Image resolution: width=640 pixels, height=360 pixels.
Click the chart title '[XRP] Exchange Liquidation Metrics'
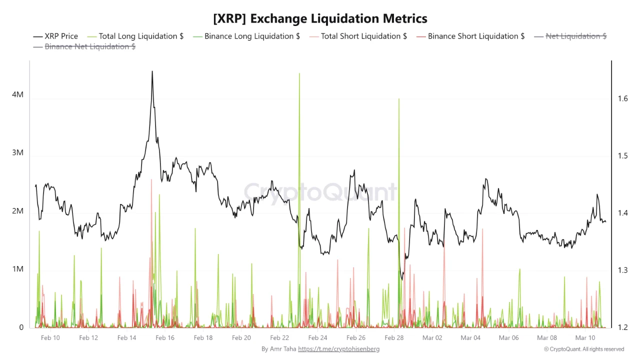pos(320,18)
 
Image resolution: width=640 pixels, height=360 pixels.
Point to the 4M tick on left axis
pos(17,94)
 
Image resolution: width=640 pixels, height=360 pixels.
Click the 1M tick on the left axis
pos(17,269)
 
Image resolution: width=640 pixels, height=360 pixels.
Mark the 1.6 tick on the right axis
pos(622,98)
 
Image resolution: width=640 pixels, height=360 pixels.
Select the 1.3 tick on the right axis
pos(622,270)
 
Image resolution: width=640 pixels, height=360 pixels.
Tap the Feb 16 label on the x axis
pos(165,338)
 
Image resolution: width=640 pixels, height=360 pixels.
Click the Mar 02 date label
pos(432,338)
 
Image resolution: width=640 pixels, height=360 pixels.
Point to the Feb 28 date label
pos(394,338)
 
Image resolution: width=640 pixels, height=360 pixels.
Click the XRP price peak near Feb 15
pos(152,71)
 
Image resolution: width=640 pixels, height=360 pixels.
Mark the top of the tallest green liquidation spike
pos(299,73)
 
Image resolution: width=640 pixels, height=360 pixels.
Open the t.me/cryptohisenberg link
pos(338,349)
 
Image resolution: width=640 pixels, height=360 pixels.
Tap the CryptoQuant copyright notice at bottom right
pos(584,349)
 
